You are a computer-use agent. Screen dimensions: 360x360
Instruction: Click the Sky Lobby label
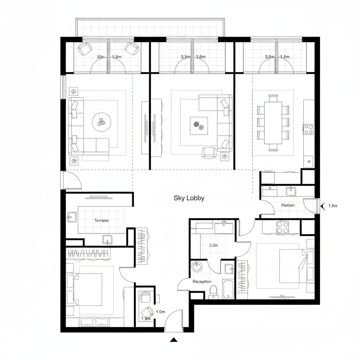(x=189, y=198)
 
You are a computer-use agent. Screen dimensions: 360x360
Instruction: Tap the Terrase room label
(x=101, y=220)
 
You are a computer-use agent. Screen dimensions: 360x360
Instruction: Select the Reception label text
(x=202, y=282)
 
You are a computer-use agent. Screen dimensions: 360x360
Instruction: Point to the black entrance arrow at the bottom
(x=173, y=340)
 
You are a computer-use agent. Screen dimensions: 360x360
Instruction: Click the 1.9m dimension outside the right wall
(x=333, y=206)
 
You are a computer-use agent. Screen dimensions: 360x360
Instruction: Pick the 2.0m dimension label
(x=213, y=246)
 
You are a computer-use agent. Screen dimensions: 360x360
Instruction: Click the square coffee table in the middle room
(x=199, y=125)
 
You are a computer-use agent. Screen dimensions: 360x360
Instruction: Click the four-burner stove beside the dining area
(x=308, y=129)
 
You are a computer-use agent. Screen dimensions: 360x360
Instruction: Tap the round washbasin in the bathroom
(x=197, y=266)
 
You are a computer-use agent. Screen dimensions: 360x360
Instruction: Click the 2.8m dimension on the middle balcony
(x=200, y=57)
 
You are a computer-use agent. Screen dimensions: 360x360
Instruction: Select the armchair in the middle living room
(x=209, y=152)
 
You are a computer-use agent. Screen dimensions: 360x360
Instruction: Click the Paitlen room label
(x=288, y=205)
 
